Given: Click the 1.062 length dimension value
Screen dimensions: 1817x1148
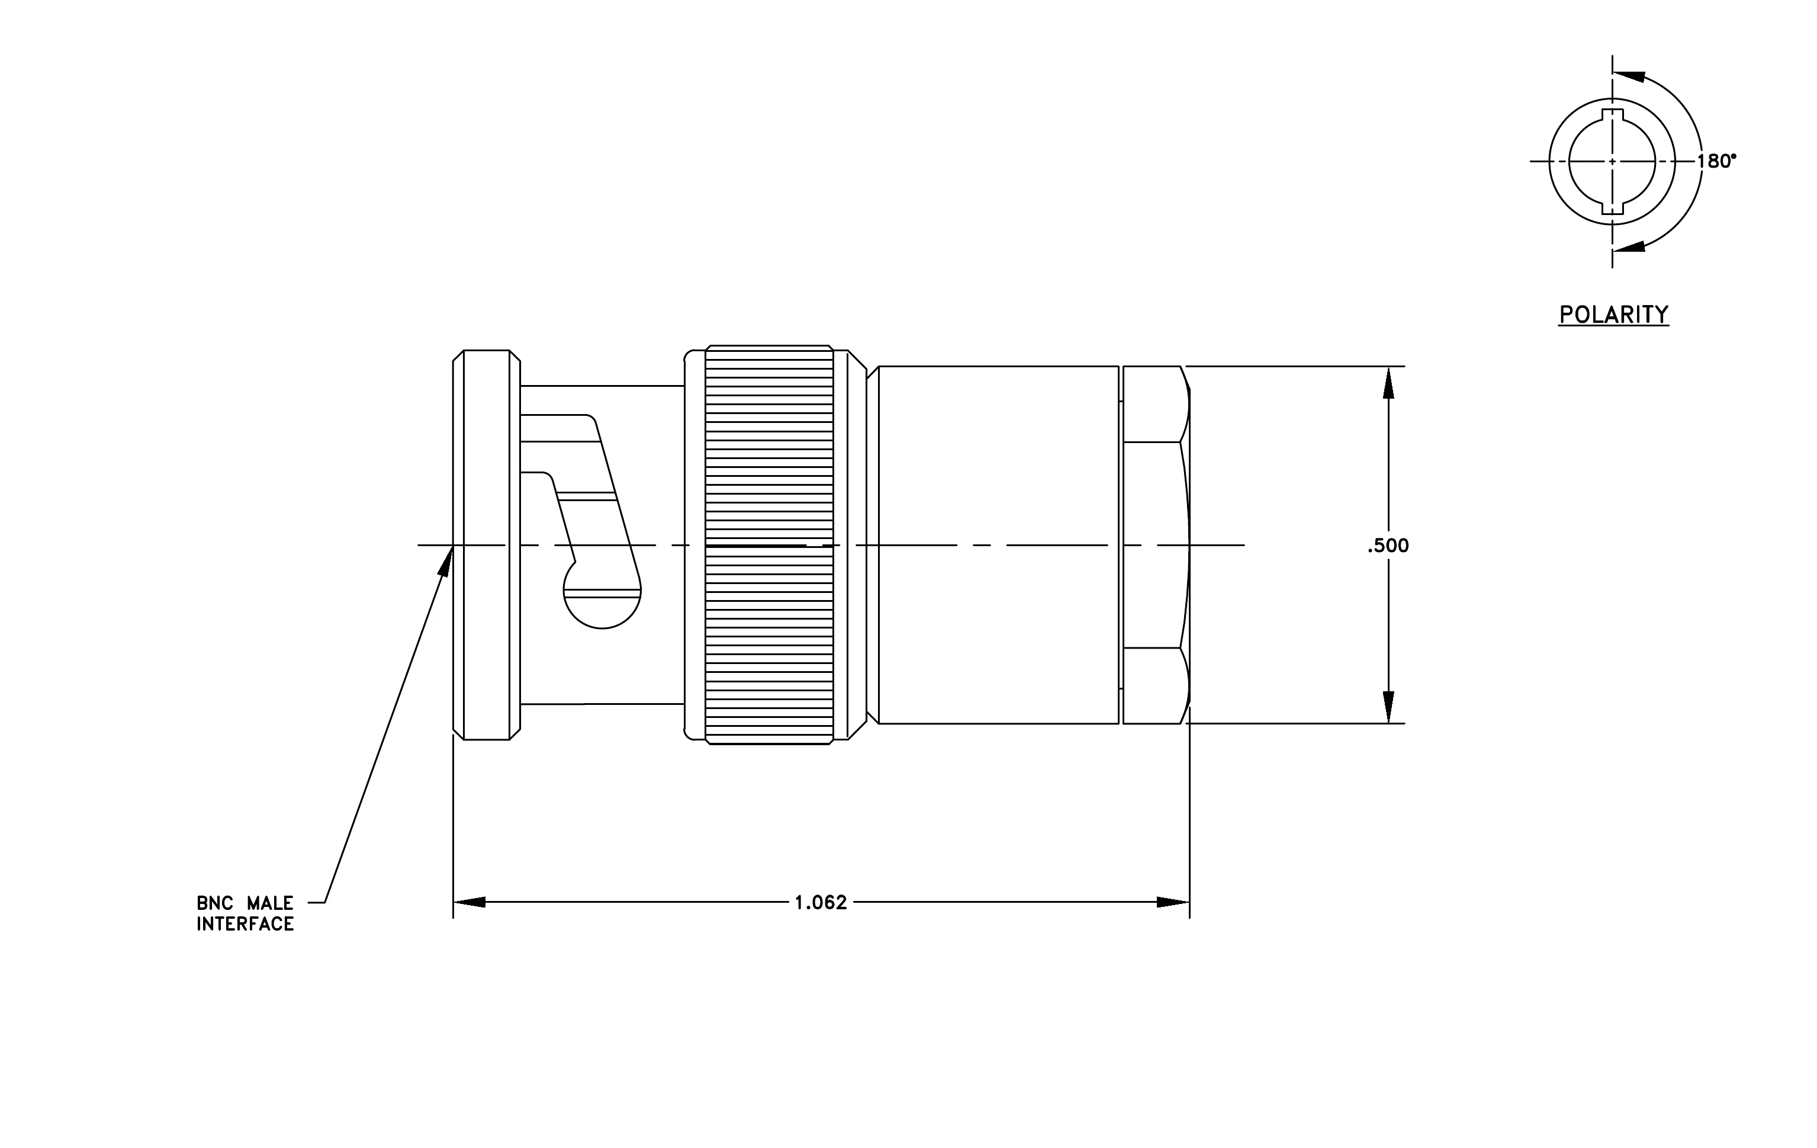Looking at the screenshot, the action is pyautogui.click(x=821, y=903).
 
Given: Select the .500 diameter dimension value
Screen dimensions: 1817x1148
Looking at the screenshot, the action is pyautogui.click(x=1388, y=546).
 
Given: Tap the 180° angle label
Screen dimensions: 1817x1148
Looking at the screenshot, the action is pyautogui.click(x=1716, y=161).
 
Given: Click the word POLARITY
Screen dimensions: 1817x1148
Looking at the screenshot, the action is pyautogui.click(x=1614, y=314).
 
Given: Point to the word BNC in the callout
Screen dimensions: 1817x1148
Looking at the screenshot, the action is pyautogui.click(x=214, y=903).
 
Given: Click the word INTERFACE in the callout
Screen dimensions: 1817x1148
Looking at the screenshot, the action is pyautogui.click(x=245, y=925).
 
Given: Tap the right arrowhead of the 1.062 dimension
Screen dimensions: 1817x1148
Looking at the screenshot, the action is pyautogui.click(x=1173, y=902).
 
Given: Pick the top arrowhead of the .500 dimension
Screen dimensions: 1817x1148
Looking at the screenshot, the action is pyautogui.click(x=1388, y=383).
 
